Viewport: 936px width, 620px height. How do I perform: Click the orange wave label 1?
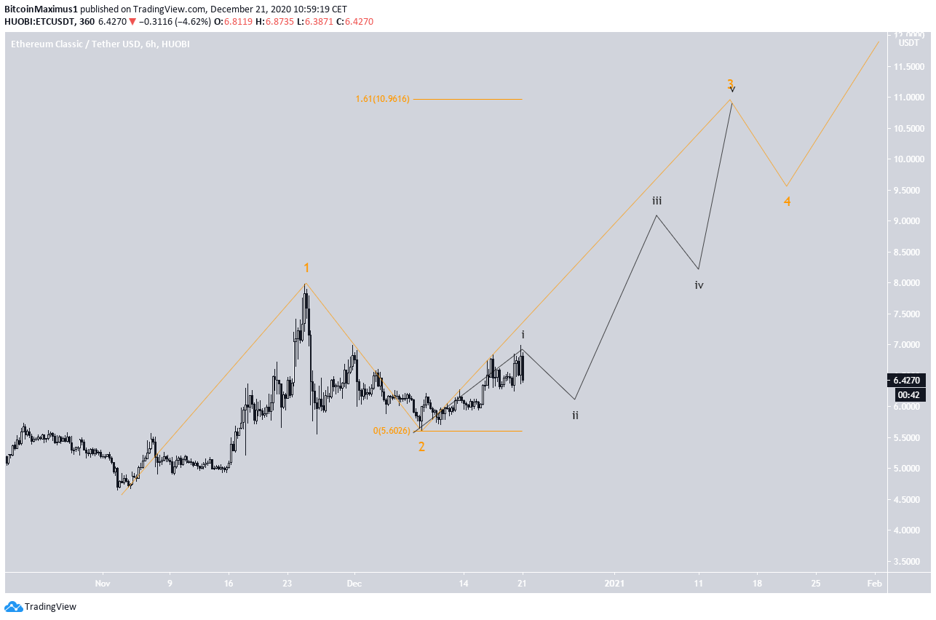(306, 269)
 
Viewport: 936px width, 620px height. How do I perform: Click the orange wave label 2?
(421, 447)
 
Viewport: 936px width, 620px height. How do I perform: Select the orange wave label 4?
(787, 202)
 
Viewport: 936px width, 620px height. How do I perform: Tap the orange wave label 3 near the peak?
(730, 84)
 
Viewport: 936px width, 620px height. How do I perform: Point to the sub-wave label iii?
(657, 201)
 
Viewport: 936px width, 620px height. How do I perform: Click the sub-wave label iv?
(699, 285)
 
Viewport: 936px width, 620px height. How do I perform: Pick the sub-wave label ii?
(575, 416)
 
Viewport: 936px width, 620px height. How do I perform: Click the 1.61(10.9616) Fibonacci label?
(383, 99)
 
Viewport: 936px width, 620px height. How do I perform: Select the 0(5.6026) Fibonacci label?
(392, 431)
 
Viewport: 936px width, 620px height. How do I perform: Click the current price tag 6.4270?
(908, 381)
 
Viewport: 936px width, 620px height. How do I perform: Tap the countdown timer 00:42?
(908, 394)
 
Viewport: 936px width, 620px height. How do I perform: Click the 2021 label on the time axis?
(614, 584)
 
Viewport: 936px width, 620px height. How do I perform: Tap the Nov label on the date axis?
(102, 584)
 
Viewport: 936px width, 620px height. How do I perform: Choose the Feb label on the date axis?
(874, 584)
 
